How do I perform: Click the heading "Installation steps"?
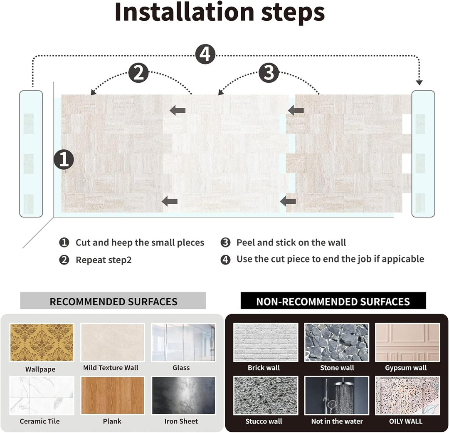point(220,13)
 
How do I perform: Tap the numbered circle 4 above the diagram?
point(205,54)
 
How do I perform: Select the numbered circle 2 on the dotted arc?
point(138,73)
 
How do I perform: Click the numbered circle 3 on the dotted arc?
point(269,73)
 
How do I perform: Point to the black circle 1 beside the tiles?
point(64,160)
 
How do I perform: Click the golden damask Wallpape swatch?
point(42,342)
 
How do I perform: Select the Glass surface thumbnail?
point(183,342)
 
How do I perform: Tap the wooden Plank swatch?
point(113,395)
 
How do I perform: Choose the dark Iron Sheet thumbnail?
point(183,395)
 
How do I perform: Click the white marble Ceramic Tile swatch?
point(42,395)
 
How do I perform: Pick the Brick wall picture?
point(266,342)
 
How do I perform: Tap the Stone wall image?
point(337,342)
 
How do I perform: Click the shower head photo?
point(337,395)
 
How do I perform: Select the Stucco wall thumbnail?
point(266,395)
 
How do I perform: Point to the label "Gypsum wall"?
point(406,368)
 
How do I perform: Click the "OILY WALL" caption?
point(406,421)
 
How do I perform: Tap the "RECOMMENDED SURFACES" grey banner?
point(113,301)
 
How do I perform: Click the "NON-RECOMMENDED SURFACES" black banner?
point(333,301)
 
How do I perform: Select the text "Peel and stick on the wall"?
point(291,242)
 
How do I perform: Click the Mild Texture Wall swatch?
point(113,342)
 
